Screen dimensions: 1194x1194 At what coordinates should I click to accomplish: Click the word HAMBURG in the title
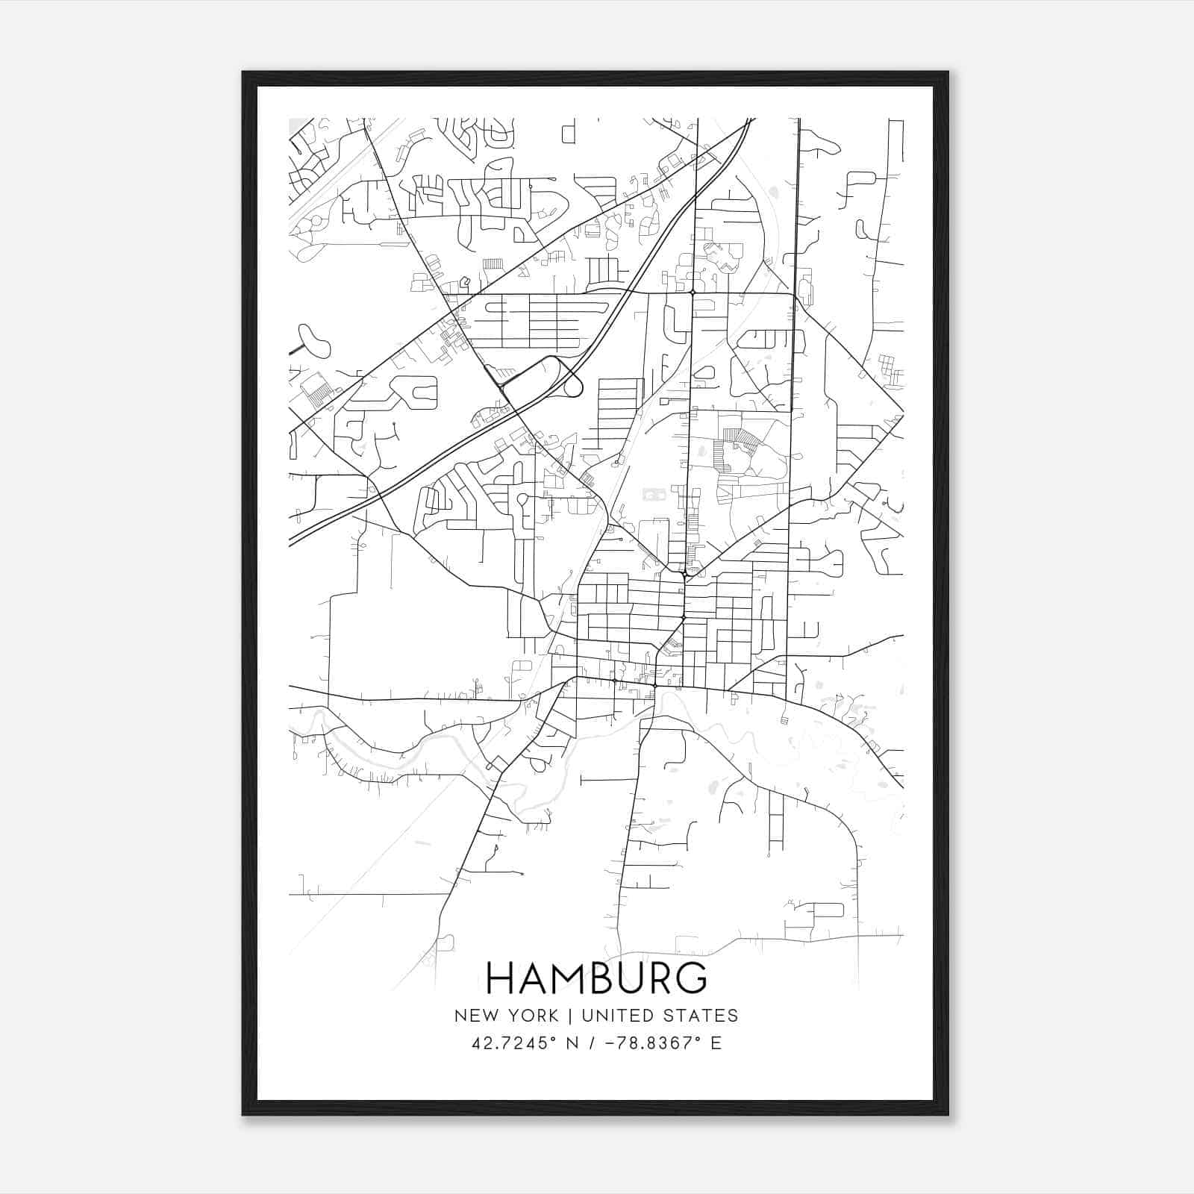pyautogui.click(x=596, y=978)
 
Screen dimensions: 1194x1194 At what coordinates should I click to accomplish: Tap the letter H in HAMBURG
pyautogui.click(x=501, y=978)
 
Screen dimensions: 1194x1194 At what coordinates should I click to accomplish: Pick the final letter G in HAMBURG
pyautogui.click(x=691, y=978)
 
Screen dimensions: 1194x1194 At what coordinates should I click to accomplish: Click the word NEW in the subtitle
pyautogui.click(x=476, y=1016)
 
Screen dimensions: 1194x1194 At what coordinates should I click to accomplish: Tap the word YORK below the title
pyautogui.click(x=531, y=1016)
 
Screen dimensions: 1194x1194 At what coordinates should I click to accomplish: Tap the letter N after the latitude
pyautogui.click(x=573, y=1043)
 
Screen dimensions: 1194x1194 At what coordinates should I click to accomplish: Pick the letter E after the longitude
pyautogui.click(x=716, y=1043)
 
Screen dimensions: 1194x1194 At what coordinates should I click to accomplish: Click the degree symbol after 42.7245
pyautogui.click(x=554, y=1038)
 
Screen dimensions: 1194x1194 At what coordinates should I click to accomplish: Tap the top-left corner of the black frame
pyautogui.click(x=244, y=73)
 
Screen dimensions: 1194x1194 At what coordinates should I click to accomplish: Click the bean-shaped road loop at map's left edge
pyautogui.click(x=314, y=340)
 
